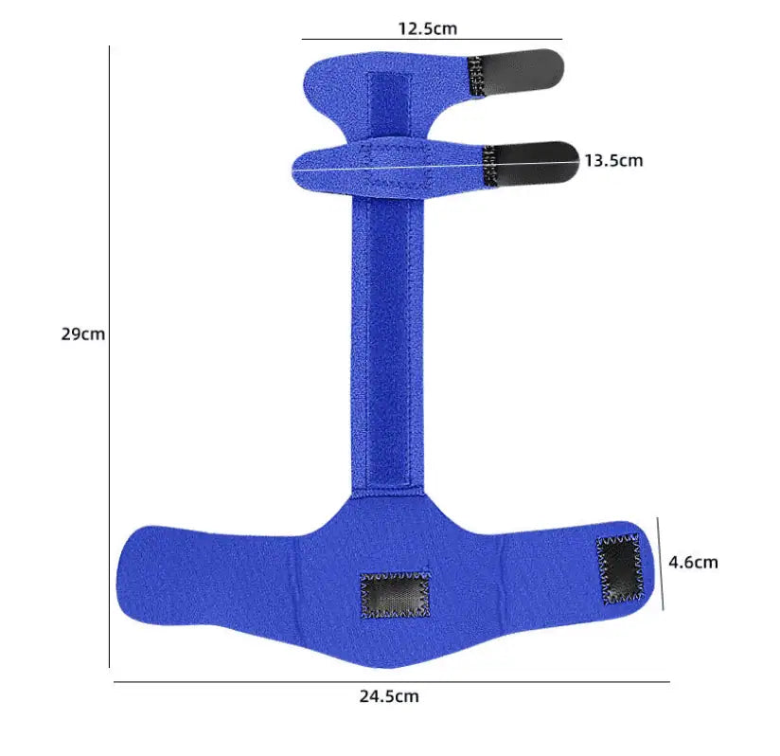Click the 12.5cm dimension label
[x=427, y=27]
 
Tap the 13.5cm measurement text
[x=612, y=160]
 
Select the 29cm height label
[x=82, y=334]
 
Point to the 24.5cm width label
[x=388, y=696]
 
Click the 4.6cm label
[x=693, y=562]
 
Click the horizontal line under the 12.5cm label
[x=432, y=40]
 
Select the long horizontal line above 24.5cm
[x=391, y=681]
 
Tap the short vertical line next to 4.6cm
[x=660, y=565]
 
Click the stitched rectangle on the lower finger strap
[x=398, y=167]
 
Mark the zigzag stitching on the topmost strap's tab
[x=477, y=76]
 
